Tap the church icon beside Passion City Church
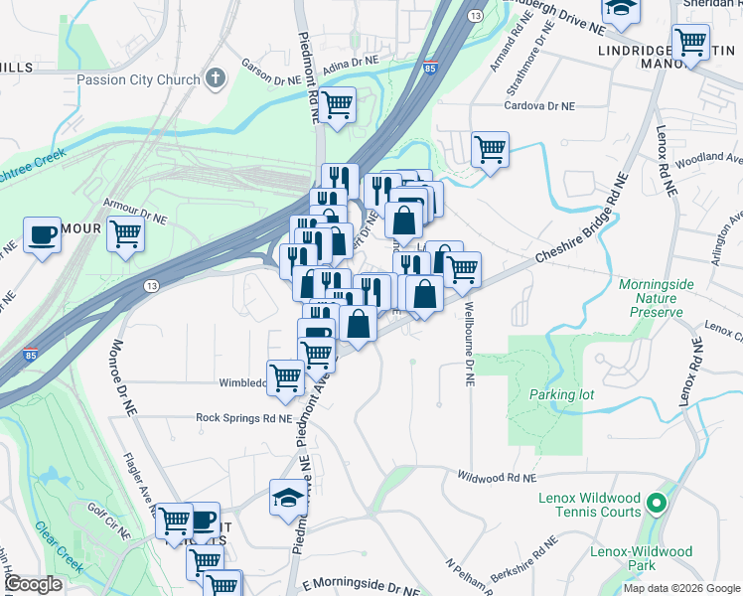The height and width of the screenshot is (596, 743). pyautogui.click(x=217, y=79)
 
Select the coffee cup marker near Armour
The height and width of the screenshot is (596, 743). pyautogui.click(x=42, y=234)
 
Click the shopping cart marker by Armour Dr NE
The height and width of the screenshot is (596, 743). pyautogui.click(x=125, y=234)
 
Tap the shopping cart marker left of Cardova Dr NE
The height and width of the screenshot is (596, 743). pyautogui.click(x=490, y=149)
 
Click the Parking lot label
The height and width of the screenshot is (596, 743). pyautogui.click(x=561, y=394)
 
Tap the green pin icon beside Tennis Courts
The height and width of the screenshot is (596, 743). pyautogui.click(x=655, y=504)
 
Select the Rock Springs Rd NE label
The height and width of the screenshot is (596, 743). pyautogui.click(x=243, y=418)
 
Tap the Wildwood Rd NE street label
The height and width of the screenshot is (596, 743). pyautogui.click(x=492, y=478)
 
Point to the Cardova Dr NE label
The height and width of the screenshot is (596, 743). pyautogui.click(x=539, y=106)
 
